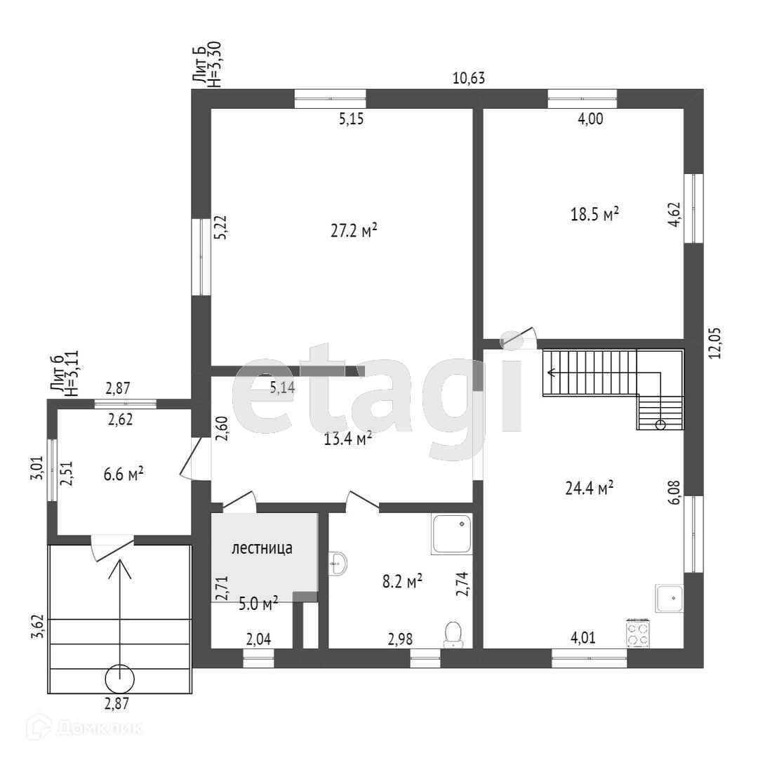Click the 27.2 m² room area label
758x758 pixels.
click(x=354, y=230)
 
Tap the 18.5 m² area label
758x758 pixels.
click(x=594, y=213)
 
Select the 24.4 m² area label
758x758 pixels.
click(x=590, y=487)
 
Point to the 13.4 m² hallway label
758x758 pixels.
click(x=347, y=439)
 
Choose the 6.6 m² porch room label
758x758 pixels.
click(x=124, y=474)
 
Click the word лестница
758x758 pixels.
click(x=262, y=549)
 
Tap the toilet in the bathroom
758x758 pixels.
click(x=453, y=634)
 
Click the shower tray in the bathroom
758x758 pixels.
click(x=452, y=533)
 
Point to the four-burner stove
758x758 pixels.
click(x=637, y=634)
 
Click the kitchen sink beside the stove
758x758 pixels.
click(x=670, y=599)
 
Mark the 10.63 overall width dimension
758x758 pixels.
click(x=469, y=78)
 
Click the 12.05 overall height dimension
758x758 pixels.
click(x=715, y=342)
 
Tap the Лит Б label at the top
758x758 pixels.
click(x=199, y=68)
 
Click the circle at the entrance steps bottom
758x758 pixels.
click(x=119, y=679)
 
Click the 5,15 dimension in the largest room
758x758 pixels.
click(x=351, y=119)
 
